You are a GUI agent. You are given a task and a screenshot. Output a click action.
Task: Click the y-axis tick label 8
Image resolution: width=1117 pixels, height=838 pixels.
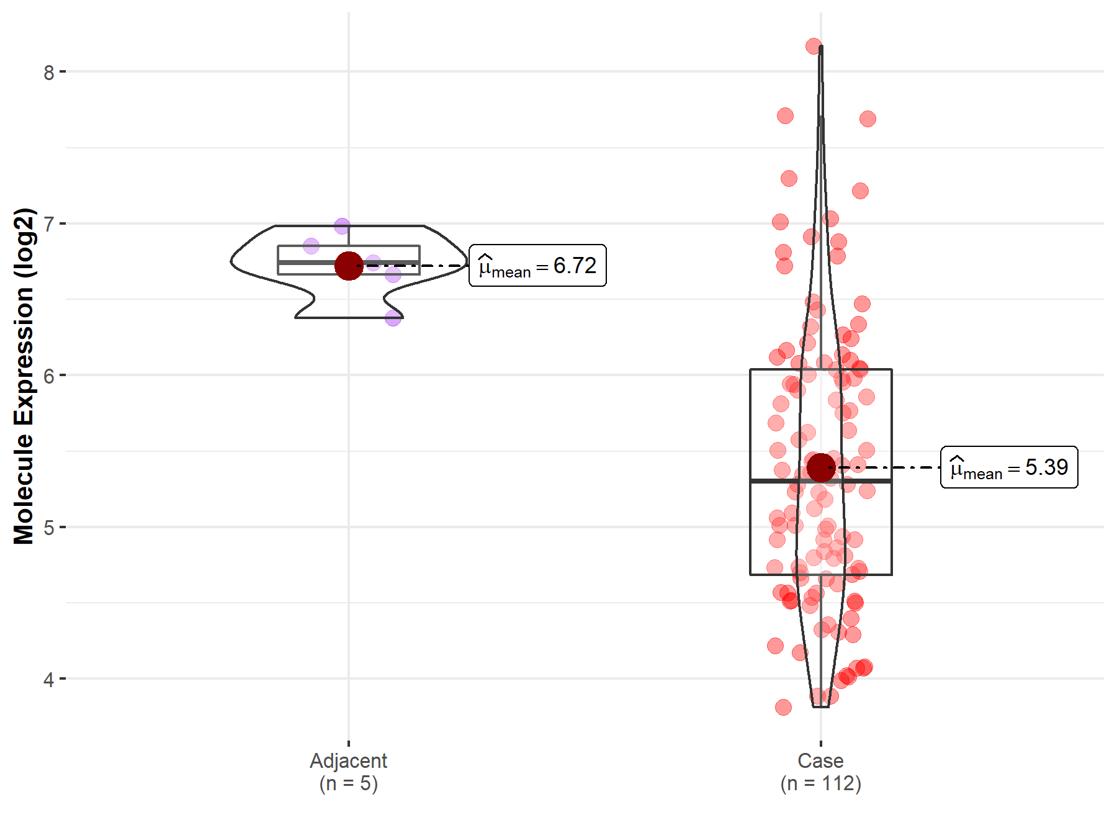pyautogui.click(x=49, y=73)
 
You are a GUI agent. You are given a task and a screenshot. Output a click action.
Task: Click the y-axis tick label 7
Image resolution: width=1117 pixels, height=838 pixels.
pyautogui.click(x=49, y=224)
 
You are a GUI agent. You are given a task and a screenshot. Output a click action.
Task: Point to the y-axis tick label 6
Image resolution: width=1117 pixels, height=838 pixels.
pyautogui.click(x=49, y=376)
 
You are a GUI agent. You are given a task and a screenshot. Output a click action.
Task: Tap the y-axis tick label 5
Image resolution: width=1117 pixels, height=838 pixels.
pyautogui.click(x=49, y=528)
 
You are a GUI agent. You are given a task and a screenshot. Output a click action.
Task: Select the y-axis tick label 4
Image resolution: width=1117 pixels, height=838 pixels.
pyautogui.click(x=49, y=680)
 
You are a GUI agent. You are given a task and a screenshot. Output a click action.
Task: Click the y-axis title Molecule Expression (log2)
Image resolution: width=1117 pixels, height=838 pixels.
pyautogui.click(x=24, y=376)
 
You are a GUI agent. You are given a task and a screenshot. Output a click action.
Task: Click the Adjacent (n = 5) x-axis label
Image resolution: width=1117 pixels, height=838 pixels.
pyautogui.click(x=349, y=772)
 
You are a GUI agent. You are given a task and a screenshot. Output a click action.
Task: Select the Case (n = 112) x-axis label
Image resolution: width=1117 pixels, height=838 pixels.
pyautogui.click(x=820, y=772)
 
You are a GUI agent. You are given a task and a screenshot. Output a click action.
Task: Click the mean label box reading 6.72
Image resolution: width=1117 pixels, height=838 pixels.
pyautogui.click(x=537, y=266)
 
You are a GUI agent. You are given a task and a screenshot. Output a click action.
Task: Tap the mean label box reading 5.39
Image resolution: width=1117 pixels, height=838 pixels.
pyautogui.click(x=1009, y=467)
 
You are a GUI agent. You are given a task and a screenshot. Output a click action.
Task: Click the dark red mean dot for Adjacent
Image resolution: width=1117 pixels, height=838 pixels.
pyautogui.click(x=349, y=266)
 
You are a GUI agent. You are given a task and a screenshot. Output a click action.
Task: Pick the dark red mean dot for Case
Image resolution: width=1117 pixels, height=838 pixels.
pyautogui.click(x=820, y=467)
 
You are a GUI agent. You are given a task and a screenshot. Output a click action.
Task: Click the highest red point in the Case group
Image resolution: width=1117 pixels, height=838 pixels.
pyautogui.click(x=814, y=46)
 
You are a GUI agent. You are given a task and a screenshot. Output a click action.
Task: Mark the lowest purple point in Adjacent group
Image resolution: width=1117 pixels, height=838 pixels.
pyautogui.click(x=393, y=318)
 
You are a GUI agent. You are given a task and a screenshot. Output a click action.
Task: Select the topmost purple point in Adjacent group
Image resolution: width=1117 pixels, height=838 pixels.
pyautogui.click(x=342, y=226)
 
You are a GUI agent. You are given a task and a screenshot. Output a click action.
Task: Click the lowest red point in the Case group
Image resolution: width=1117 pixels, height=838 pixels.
pyautogui.click(x=783, y=707)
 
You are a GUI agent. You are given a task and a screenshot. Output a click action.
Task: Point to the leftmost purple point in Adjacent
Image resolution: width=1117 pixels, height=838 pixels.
pyautogui.click(x=311, y=246)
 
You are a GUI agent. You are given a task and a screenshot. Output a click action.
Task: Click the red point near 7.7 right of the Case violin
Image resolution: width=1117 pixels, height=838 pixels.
pyautogui.click(x=868, y=119)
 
